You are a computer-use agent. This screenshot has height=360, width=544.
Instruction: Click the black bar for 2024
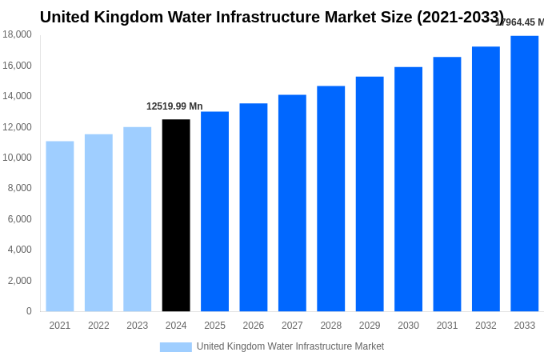[176, 215]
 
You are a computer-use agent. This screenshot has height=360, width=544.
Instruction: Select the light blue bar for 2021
[60, 226]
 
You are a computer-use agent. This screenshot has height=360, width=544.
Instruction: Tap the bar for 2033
[524, 174]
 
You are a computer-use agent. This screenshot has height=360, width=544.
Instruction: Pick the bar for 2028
[330, 198]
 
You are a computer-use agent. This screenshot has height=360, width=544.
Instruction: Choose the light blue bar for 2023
[137, 219]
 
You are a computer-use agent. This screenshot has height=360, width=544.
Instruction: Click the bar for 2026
[254, 207]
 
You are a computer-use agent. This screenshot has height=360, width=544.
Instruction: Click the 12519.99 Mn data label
[174, 106]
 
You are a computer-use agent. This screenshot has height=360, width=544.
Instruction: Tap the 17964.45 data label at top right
[519, 22]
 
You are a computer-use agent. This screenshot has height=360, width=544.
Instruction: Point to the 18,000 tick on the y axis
[17, 34]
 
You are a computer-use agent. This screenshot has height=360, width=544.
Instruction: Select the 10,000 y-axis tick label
[17, 158]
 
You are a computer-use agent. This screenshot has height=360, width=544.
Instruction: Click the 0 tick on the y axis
[29, 311]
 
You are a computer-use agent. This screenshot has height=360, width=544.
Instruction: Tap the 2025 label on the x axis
[214, 326]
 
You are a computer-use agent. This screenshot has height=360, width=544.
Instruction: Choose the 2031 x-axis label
[446, 326]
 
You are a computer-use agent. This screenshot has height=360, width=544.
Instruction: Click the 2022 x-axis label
[98, 326]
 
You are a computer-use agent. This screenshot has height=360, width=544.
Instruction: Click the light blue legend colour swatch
[175, 347]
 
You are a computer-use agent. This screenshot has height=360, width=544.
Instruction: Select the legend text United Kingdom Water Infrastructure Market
[290, 346]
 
